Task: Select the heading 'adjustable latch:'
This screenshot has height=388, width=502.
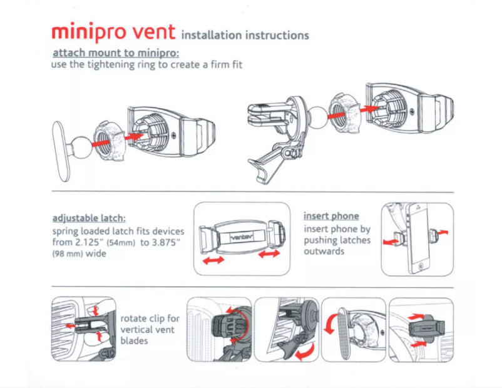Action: (89, 218)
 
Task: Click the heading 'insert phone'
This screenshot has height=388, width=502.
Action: (331, 216)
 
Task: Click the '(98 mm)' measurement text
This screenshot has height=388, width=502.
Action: (69, 254)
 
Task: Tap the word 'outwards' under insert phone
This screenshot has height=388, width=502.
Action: (325, 252)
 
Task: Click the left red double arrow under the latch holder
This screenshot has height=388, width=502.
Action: (213, 261)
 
